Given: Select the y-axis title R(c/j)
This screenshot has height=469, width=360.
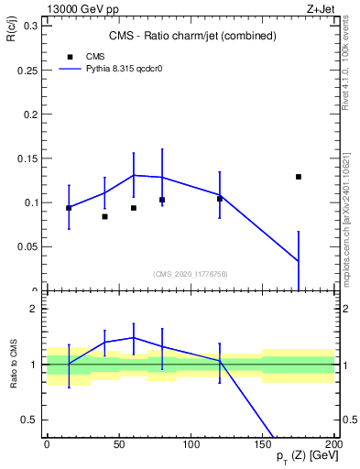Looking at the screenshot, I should pos(13,35).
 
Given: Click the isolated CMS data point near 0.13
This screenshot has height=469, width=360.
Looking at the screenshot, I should pos(299,177).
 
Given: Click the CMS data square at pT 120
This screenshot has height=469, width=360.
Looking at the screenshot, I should pos(220,199).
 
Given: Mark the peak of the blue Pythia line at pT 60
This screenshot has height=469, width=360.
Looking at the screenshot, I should pos(134,175).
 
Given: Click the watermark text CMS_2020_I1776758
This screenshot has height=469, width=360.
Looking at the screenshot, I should pos(191,273).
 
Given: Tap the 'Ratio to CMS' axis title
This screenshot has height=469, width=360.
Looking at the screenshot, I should pos(13,365).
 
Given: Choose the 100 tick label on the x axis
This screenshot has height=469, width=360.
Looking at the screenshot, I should pos(191,444).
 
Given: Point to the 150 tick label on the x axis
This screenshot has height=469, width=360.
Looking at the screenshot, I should pos(263,444).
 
